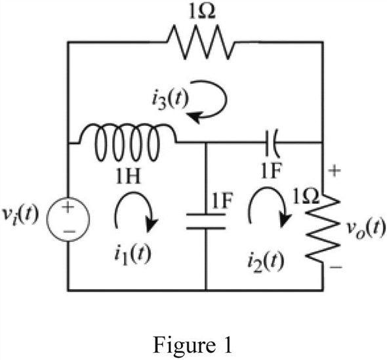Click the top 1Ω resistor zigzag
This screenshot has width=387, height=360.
click(201, 42)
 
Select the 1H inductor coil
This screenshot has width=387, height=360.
click(128, 142)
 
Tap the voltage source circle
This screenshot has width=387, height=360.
click(68, 219)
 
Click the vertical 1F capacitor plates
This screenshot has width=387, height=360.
click(206, 222)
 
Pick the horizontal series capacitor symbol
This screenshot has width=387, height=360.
click(272, 142)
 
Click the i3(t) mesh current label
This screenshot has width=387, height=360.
click(170, 99)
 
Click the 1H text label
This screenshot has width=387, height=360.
click(129, 176)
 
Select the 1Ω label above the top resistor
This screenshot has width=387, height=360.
click(202, 12)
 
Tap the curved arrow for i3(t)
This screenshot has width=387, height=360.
click(226, 99)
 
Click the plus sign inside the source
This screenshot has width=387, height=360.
click(68, 207)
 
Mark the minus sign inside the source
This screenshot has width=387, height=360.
click(69, 231)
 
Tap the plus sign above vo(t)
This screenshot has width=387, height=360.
click(335, 170)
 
